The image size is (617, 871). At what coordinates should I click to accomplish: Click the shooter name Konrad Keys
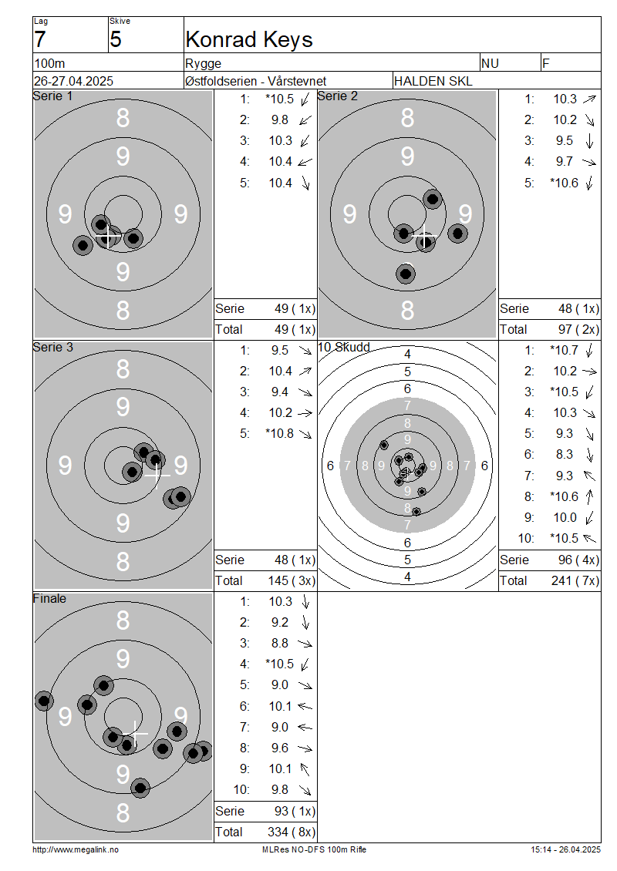pyautogui.click(x=249, y=40)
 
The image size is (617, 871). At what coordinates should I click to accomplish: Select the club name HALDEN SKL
pyautogui.click(x=433, y=81)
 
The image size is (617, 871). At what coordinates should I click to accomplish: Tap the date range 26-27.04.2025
pyautogui.click(x=73, y=81)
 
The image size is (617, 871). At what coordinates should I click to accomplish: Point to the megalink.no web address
pyautogui.click(x=76, y=849)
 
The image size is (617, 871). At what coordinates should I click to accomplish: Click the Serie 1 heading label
pyautogui.click(x=52, y=96)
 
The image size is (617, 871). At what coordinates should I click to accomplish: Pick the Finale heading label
pyautogui.click(x=49, y=598)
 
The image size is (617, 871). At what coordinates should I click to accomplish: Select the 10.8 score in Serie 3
pyautogui.click(x=280, y=433)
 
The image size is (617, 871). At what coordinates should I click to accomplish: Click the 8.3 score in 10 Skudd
pyautogui.click(x=565, y=455)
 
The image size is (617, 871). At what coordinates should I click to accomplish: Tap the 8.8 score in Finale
pyautogui.click(x=280, y=644)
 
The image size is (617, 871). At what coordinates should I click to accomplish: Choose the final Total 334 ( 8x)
pyautogui.click(x=265, y=832)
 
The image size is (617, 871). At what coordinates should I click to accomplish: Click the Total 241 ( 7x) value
pyautogui.click(x=549, y=581)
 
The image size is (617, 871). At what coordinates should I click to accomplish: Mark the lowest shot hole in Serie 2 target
pyautogui.click(x=406, y=274)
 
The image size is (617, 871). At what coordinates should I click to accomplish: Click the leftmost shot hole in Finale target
pyautogui.click(x=44, y=701)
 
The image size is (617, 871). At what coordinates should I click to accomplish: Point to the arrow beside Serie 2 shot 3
pyautogui.click(x=590, y=141)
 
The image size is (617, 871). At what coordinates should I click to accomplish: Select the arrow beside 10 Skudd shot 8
pyautogui.click(x=590, y=496)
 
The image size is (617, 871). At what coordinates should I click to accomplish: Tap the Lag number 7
pyautogui.click(x=40, y=40)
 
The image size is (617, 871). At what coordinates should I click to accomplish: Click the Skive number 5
pyautogui.click(x=115, y=40)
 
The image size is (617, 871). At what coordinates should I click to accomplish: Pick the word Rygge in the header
pyautogui.click(x=203, y=63)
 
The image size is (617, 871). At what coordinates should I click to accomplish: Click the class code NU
pyautogui.click(x=490, y=63)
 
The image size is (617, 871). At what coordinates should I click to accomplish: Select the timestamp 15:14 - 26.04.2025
pyautogui.click(x=565, y=849)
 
